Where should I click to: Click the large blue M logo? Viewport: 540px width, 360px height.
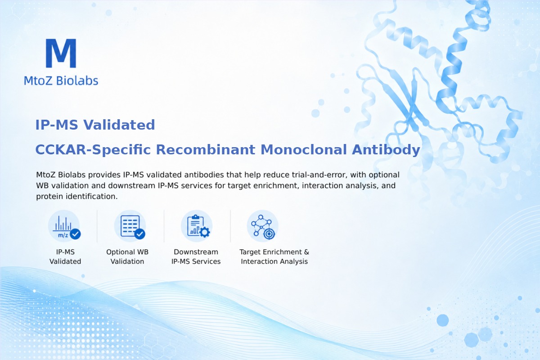pyautogui.click(x=61, y=53)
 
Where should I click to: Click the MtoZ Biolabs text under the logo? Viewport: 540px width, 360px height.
pyautogui.click(x=61, y=81)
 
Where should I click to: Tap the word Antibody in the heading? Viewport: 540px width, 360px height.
pyautogui.click(x=386, y=150)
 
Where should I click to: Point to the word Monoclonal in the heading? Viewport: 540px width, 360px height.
pyautogui.click(x=304, y=149)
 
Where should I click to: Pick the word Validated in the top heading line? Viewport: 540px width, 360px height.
pyautogui.click(x=119, y=125)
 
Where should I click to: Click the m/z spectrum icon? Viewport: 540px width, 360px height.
pyautogui.click(x=64, y=226)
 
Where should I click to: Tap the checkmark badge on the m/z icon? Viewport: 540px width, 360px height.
pyautogui.click(x=75, y=234)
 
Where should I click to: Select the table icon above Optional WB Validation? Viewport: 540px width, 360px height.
pyautogui.click(x=130, y=226)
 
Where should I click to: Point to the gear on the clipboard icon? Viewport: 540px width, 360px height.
pyautogui.click(x=205, y=232)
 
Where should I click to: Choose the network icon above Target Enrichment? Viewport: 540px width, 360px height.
pyautogui.click(x=263, y=226)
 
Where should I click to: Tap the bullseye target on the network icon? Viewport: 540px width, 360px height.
pyautogui.click(x=269, y=234)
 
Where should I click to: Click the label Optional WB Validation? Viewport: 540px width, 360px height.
pyautogui.click(x=127, y=256)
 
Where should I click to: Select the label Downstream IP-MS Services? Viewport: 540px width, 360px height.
pyautogui.click(x=196, y=256)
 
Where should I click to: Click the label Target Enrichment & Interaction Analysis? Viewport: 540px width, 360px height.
pyautogui.click(x=274, y=256)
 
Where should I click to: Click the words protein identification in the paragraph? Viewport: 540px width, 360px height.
pyautogui.click(x=77, y=197)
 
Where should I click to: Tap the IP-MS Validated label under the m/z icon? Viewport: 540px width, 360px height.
pyautogui.click(x=65, y=256)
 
